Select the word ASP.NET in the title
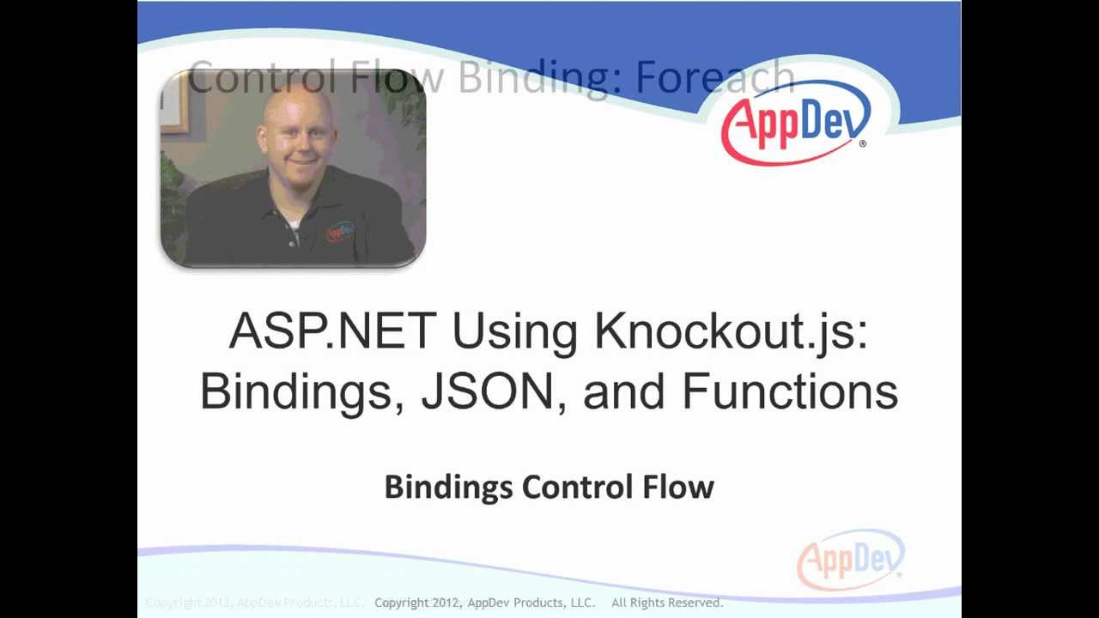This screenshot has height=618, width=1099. pyautogui.click(x=332, y=331)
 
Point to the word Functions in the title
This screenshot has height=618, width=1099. pyautogui.click(x=790, y=391)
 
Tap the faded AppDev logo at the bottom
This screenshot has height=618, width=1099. pyautogui.click(x=850, y=560)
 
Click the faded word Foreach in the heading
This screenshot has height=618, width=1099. pyautogui.click(x=714, y=78)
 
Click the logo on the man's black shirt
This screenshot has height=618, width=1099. pyautogui.click(x=339, y=231)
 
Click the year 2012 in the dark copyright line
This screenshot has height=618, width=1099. pyautogui.click(x=445, y=603)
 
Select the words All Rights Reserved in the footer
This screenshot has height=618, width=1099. pyautogui.click(x=667, y=603)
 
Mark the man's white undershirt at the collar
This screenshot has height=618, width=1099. pyautogui.click(x=294, y=224)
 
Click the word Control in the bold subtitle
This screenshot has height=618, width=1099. pyautogui.click(x=578, y=487)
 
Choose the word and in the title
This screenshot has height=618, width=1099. pyautogui.click(x=623, y=391)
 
